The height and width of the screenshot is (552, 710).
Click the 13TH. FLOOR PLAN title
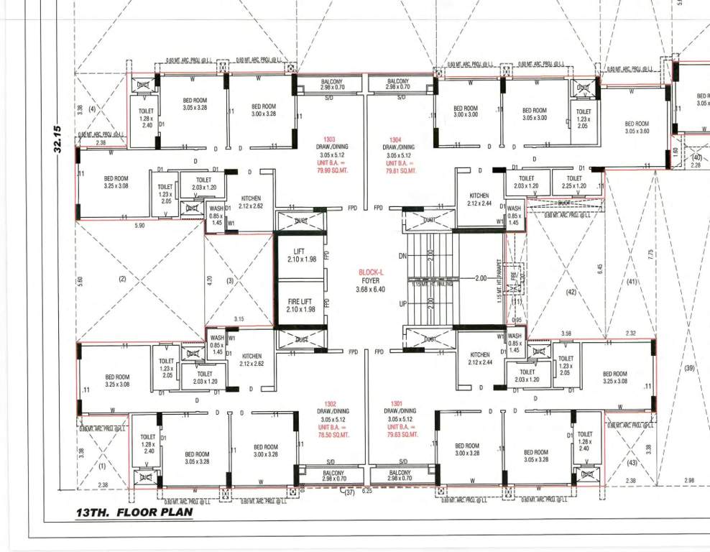[134, 512]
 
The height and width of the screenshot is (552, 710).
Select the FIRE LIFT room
[300, 305]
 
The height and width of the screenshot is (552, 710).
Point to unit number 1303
[329, 139]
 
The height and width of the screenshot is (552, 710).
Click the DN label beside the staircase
[402, 256]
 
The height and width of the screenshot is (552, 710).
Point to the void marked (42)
[571, 293]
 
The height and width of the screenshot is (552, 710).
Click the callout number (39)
[690, 368]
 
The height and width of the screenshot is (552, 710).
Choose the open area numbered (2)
[122, 279]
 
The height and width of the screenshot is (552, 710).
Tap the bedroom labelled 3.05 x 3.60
[637, 127]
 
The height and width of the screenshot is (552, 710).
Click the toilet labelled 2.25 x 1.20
[574, 182]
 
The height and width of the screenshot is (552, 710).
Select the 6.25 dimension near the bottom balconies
[366, 491]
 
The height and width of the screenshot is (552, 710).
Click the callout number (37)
[351, 492]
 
